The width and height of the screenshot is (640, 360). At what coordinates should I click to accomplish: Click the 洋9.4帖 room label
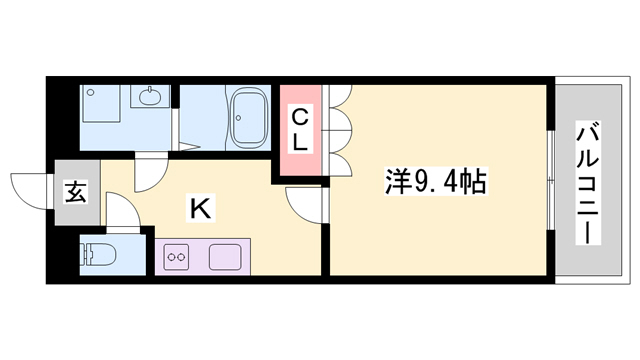[436, 182]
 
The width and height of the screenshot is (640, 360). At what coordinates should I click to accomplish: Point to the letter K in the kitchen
[200, 210]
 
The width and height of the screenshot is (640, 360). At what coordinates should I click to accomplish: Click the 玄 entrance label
[75, 190]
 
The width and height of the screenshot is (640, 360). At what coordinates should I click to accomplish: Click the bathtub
[245, 118]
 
